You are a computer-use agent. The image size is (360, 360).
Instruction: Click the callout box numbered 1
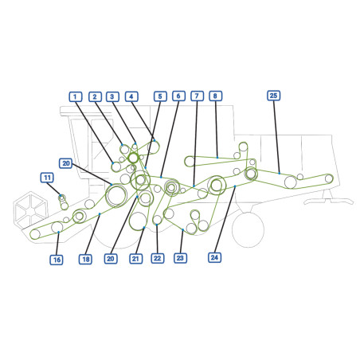76,96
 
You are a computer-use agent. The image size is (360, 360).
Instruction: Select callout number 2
95,96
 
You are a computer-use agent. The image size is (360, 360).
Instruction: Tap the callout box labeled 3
112,96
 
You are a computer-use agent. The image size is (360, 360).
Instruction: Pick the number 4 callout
131,96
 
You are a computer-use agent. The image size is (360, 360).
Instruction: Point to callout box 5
160,96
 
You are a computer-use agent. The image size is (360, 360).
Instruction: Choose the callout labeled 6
178,96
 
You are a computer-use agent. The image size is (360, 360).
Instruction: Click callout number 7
197,96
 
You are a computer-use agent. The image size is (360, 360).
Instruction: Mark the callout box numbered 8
215,96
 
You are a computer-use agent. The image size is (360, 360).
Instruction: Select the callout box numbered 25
273,96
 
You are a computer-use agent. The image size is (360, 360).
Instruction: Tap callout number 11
47,178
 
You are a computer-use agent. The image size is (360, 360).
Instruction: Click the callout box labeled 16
57,260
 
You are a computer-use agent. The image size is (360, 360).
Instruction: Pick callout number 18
85,259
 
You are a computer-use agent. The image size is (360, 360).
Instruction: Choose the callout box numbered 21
135,259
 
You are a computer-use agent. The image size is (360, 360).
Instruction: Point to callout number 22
158,258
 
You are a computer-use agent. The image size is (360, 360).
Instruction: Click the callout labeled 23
180,258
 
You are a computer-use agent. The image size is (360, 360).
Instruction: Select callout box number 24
214,257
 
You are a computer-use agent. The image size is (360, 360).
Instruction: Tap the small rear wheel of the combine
248,230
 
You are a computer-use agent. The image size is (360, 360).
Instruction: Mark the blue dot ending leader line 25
280,174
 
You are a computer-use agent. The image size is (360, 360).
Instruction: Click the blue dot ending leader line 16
58,232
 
